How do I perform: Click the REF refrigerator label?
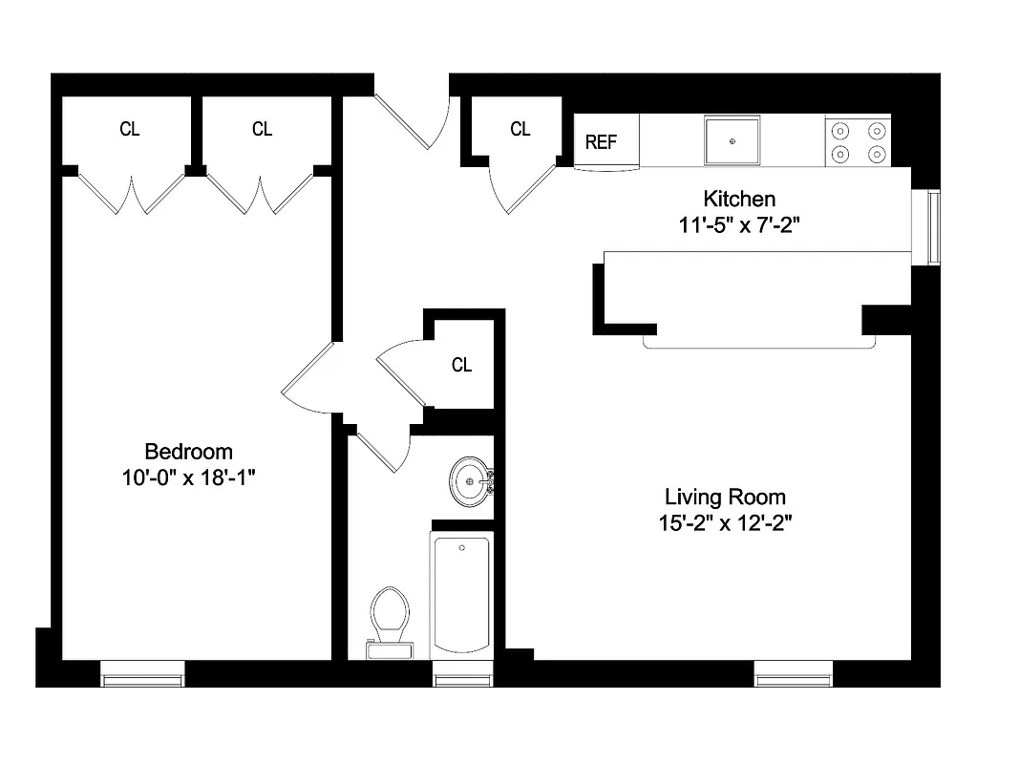coord(601,142)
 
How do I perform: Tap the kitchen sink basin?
coord(732,140)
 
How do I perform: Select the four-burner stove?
coord(858,141)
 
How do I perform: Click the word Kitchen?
coord(739,200)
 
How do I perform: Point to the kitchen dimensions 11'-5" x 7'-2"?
coord(739,225)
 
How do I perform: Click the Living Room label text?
coord(725,497)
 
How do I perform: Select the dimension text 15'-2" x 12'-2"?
coord(725,522)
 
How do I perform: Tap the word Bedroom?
coord(188,452)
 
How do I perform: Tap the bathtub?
coord(462,597)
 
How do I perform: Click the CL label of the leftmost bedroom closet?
coord(130,129)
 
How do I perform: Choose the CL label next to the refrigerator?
coord(520,129)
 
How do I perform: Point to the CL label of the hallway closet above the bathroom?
coord(461,365)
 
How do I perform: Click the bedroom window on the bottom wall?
coord(142,679)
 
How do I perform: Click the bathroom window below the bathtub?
coord(462,679)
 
